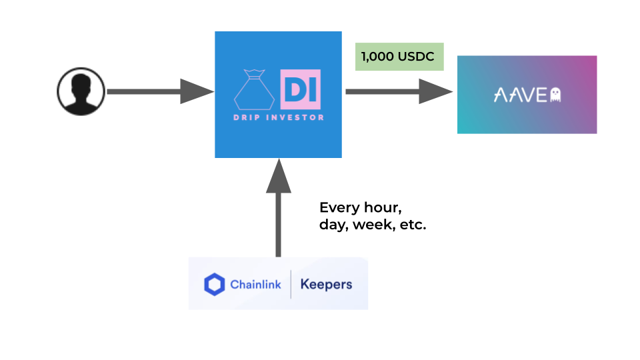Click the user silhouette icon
(x=80, y=92)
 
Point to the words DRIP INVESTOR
(x=278, y=118)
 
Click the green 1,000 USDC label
(x=399, y=57)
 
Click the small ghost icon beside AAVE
(x=555, y=95)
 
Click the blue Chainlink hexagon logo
(x=215, y=285)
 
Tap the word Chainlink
(x=255, y=285)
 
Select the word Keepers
(x=326, y=285)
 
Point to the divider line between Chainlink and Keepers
(x=291, y=285)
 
